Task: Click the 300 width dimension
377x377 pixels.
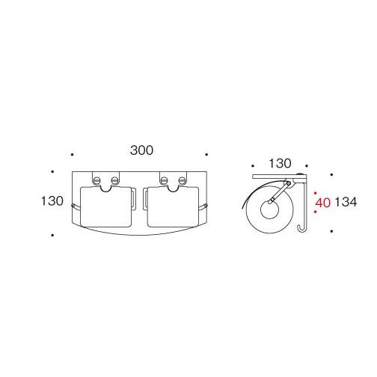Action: point(141,150)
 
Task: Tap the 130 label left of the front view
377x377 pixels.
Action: point(52,201)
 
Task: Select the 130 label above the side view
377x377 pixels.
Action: point(280,163)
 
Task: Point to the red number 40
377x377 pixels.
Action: point(322,203)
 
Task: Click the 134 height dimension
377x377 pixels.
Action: point(346,202)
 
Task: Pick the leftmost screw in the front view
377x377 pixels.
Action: point(96,180)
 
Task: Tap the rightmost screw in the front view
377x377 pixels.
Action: point(183,180)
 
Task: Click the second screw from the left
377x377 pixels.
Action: point(114,180)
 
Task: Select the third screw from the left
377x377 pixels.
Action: point(165,180)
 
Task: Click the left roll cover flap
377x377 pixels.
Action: point(105,207)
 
